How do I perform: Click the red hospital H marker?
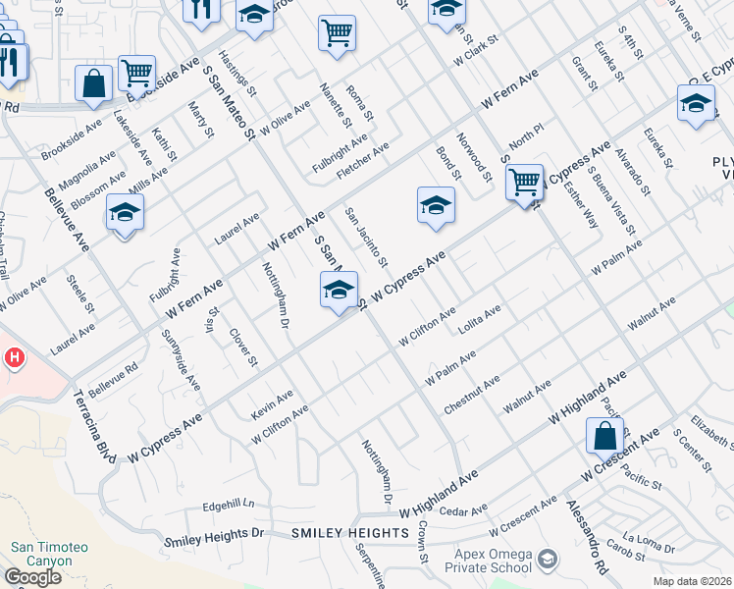click(13, 358)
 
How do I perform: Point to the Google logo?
click(32, 577)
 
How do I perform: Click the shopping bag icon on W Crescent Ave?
click(605, 436)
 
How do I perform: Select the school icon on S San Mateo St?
click(339, 291)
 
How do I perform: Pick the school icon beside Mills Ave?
click(125, 213)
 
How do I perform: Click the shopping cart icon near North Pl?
click(525, 181)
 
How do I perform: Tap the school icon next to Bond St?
click(436, 205)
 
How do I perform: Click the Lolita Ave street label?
click(480, 320)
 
